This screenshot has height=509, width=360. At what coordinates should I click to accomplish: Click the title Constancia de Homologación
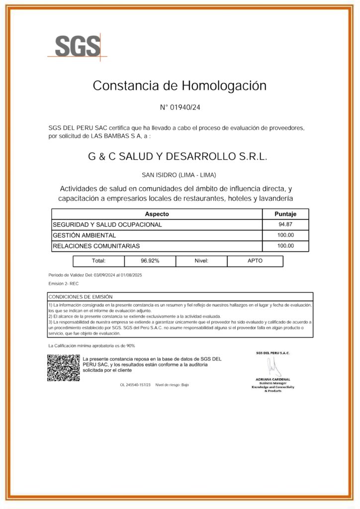pyautogui.click(x=180, y=85)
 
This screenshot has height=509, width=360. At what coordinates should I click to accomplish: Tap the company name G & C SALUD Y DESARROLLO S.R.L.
pyautogui.click(x=178, y=157)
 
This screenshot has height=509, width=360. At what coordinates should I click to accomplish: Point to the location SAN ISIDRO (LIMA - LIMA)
pyautogui.click(x=179, y=175)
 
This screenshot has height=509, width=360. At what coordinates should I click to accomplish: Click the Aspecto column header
pyautogui.click(x=157, y=214)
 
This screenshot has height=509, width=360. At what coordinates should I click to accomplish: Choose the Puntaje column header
pyautogui.click(x=285, y=214)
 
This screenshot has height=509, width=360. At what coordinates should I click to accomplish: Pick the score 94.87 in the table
pyautogui.click(x=285, y=225)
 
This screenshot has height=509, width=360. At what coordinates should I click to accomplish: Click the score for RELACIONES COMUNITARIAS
pyautogui.click(x=285, y=246)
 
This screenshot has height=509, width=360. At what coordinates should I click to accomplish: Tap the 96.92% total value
pyautogui.click(x=150, y=260)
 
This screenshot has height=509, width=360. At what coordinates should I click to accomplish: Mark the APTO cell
pyautogui.click(x=255, y=260)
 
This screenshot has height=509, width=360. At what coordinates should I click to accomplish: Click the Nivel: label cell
pyautogui.click(x=201, y=260)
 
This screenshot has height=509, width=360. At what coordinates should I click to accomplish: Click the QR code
pyautogui.click(x=63, y=368)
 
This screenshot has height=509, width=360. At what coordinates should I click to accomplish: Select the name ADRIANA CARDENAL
pyautogui.click(x=273, y=380)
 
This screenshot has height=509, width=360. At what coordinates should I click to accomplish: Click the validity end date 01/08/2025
pyautogui.click(x=131, y=275)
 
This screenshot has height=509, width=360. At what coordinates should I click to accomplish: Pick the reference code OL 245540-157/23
pyautogui.click(x=135, y=385)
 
